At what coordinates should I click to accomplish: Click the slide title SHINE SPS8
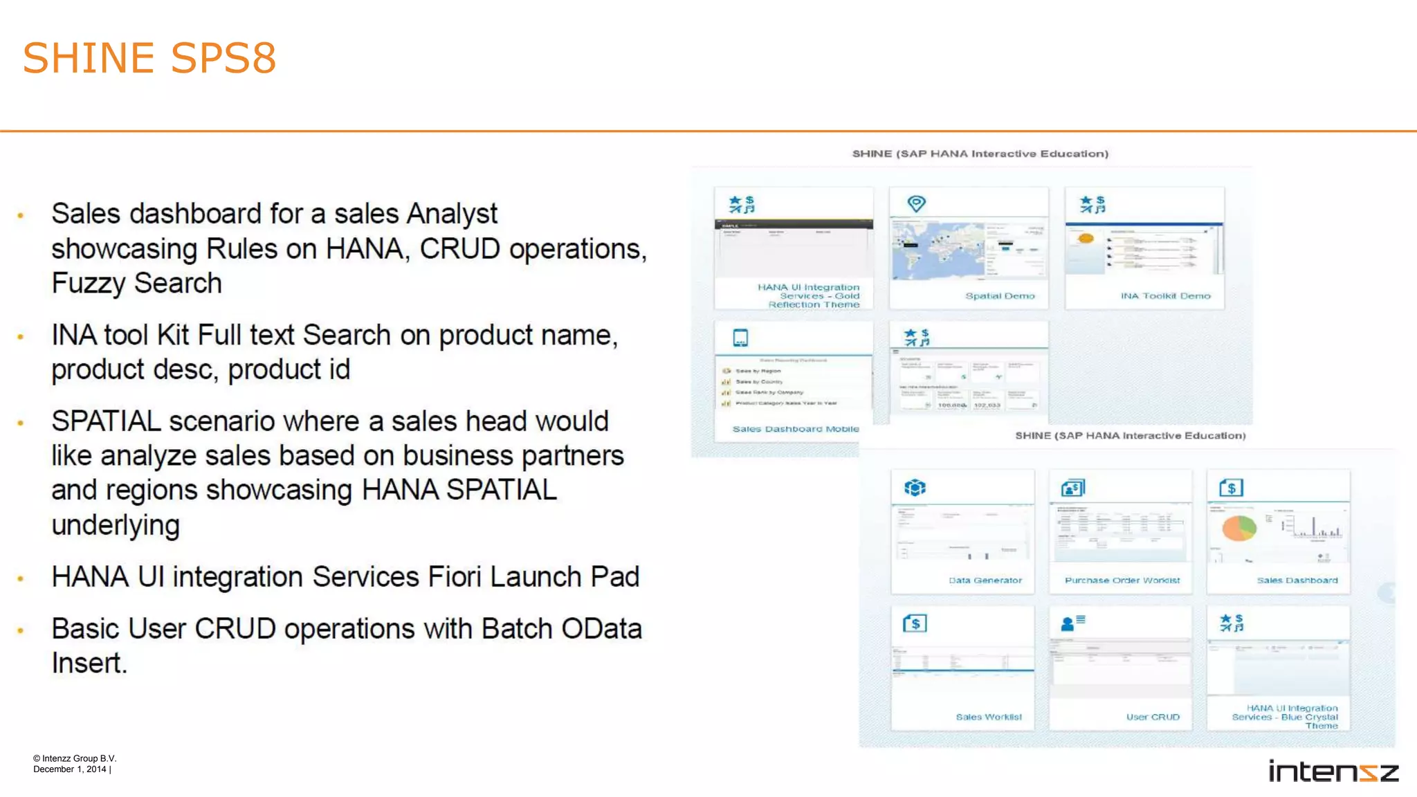pos(149,57)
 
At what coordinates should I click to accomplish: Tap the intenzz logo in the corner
pos(1333,771)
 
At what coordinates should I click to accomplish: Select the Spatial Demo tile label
pos(1000,296)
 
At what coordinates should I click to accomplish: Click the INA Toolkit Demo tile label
pos(1165,296)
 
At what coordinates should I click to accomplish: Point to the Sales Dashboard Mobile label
pos(795,429)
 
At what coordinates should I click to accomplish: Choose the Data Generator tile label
pos(985,580)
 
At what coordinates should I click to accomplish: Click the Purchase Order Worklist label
pos(1122,580)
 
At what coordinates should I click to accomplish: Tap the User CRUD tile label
pos(1152,717)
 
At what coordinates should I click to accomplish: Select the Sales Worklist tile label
pos(988,717)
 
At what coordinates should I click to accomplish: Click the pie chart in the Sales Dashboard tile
pos(1238,529)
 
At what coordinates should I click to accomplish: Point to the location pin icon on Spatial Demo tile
pos(916,203)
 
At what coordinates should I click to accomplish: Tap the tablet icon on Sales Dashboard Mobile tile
pos(740,338)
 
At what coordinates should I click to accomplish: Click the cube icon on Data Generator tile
pos(915,488)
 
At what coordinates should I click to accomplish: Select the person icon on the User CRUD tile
pos(1068,624)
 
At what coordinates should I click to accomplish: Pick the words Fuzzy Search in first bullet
pos(137,284)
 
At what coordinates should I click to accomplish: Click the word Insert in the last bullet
pos(89,663)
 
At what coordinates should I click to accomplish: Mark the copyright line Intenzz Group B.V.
pos(75,758)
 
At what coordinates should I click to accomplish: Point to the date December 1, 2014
pos(70,769)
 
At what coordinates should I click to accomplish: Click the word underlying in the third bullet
pos(116,525)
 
